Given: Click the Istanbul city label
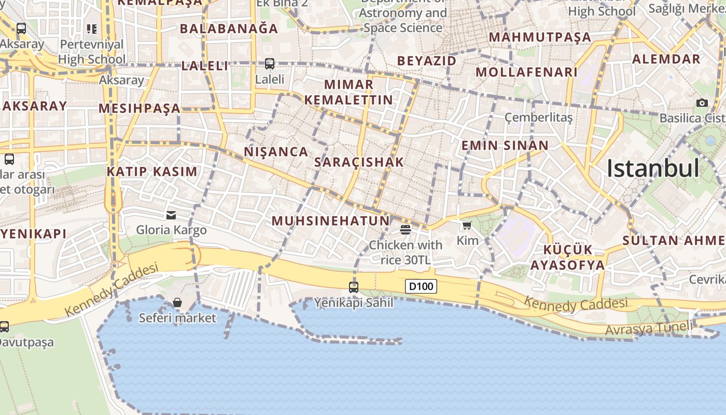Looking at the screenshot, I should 653,168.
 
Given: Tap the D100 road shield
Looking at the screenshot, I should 421,286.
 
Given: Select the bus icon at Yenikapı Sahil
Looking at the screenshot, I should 354,287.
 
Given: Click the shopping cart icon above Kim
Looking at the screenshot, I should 467,225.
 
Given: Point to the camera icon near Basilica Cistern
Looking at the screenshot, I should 702,103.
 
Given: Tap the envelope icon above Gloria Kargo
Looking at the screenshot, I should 171,215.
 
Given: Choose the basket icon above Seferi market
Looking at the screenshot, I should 177,302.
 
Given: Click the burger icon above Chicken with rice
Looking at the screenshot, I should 406,230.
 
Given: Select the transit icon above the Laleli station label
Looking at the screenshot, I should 270,64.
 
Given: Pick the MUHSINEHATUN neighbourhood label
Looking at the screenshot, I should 330,221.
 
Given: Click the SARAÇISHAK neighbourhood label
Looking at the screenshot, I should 359,162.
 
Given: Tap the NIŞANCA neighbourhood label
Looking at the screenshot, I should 276,151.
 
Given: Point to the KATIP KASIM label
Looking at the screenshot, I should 152,172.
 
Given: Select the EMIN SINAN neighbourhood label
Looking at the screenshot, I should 505,145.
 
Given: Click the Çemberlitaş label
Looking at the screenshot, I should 538,117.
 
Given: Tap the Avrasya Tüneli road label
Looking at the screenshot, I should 648,328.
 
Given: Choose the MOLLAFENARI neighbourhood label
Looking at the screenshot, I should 526,72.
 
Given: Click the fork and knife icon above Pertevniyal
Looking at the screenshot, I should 92,29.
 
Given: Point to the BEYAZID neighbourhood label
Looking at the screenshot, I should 427,61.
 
